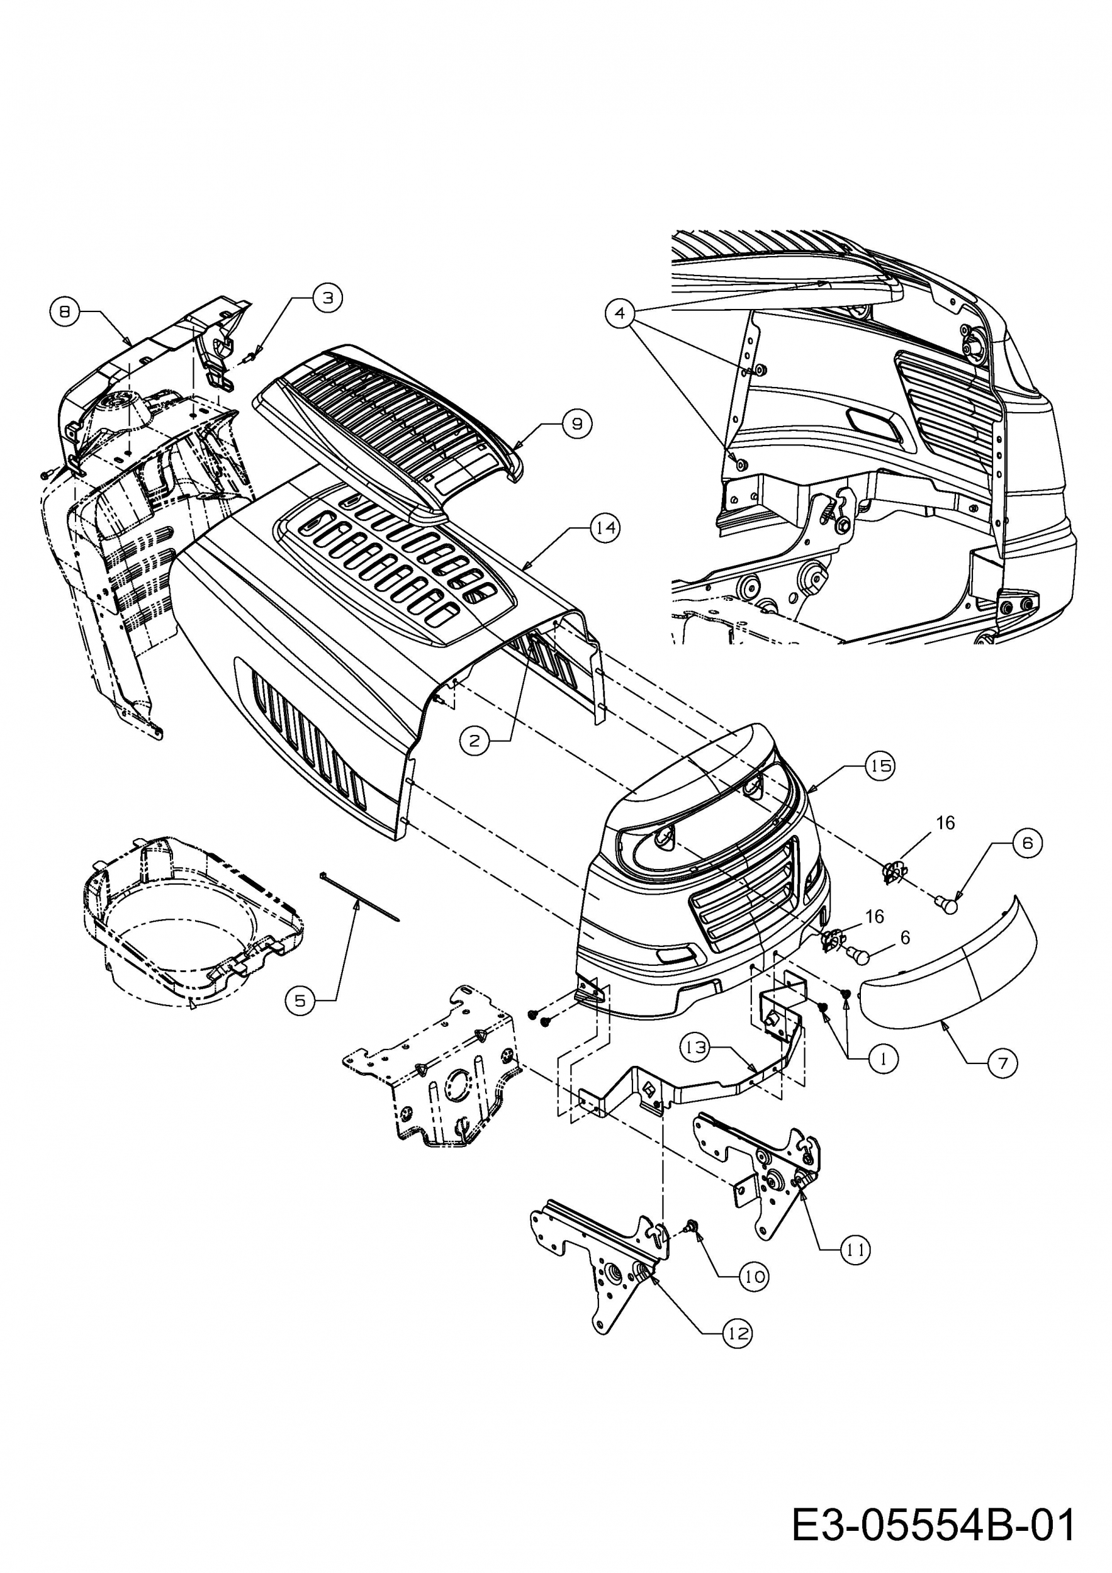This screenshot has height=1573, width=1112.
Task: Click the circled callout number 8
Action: point(64,311)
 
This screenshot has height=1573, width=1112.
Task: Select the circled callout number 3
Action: point(328,298)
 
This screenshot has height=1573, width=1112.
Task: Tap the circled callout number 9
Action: point(577,424)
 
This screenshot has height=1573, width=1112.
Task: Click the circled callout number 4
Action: point(620,313)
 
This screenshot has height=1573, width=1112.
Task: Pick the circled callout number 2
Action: point(474,740)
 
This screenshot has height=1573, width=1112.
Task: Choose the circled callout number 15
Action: point(880,765)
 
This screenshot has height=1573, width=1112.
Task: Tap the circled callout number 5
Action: point(300,1001)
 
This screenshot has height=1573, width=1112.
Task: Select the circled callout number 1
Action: point(883,1058)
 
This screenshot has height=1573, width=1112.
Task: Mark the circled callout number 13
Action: point(696,1048)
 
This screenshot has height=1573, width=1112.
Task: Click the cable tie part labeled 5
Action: point(357,898)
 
